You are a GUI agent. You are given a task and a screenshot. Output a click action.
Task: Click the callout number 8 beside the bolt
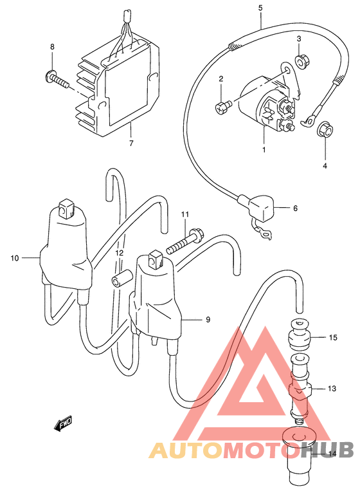52,47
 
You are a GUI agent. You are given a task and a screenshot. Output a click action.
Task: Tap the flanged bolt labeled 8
57,79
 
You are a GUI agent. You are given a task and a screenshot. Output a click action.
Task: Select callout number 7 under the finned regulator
131,143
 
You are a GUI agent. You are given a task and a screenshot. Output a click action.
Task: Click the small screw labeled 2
222,107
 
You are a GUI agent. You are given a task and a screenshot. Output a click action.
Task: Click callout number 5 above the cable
260,8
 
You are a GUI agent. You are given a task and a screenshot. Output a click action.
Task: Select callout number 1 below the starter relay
264,150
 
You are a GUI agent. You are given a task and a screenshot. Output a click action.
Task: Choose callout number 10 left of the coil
15,258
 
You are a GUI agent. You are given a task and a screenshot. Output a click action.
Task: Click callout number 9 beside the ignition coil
208,320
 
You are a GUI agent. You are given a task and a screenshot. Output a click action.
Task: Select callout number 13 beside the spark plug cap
332,389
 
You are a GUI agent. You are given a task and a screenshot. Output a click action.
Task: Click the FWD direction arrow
63,424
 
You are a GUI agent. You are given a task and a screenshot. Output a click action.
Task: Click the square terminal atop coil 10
66,208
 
